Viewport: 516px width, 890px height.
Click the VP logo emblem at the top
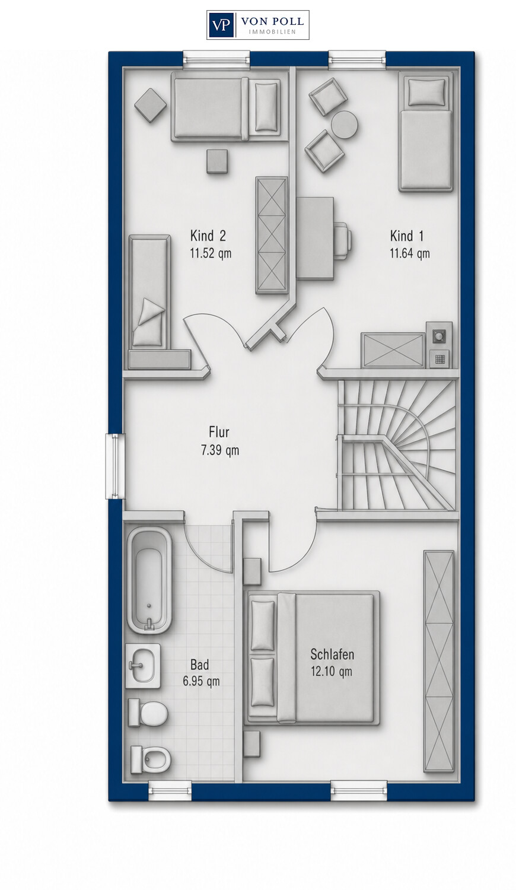(221, 25)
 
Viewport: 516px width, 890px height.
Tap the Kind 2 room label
(208, 236)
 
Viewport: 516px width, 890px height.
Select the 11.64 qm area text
(410, 253)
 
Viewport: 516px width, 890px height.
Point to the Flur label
(219, 432)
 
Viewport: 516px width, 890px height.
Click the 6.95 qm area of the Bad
(201, 681)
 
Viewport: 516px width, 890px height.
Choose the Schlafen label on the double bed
(332, 654)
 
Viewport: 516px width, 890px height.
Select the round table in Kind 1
(345, 125)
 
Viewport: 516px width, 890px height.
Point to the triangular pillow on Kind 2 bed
(151, 309)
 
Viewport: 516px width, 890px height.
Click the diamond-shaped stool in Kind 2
(150, 105)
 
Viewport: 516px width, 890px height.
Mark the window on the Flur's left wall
(115, 466)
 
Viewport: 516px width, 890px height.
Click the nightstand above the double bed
(252, 571)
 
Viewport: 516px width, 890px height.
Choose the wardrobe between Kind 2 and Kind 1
(272, 235)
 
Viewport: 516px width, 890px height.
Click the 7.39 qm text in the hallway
(220, 450)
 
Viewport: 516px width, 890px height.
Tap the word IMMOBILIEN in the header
(272, 32)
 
